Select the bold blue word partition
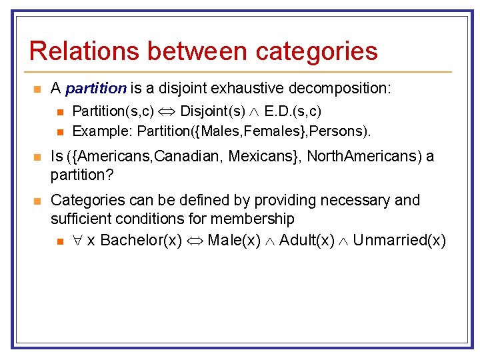(97, 88)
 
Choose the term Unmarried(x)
(399, 241)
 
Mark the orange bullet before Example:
(60, 131)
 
